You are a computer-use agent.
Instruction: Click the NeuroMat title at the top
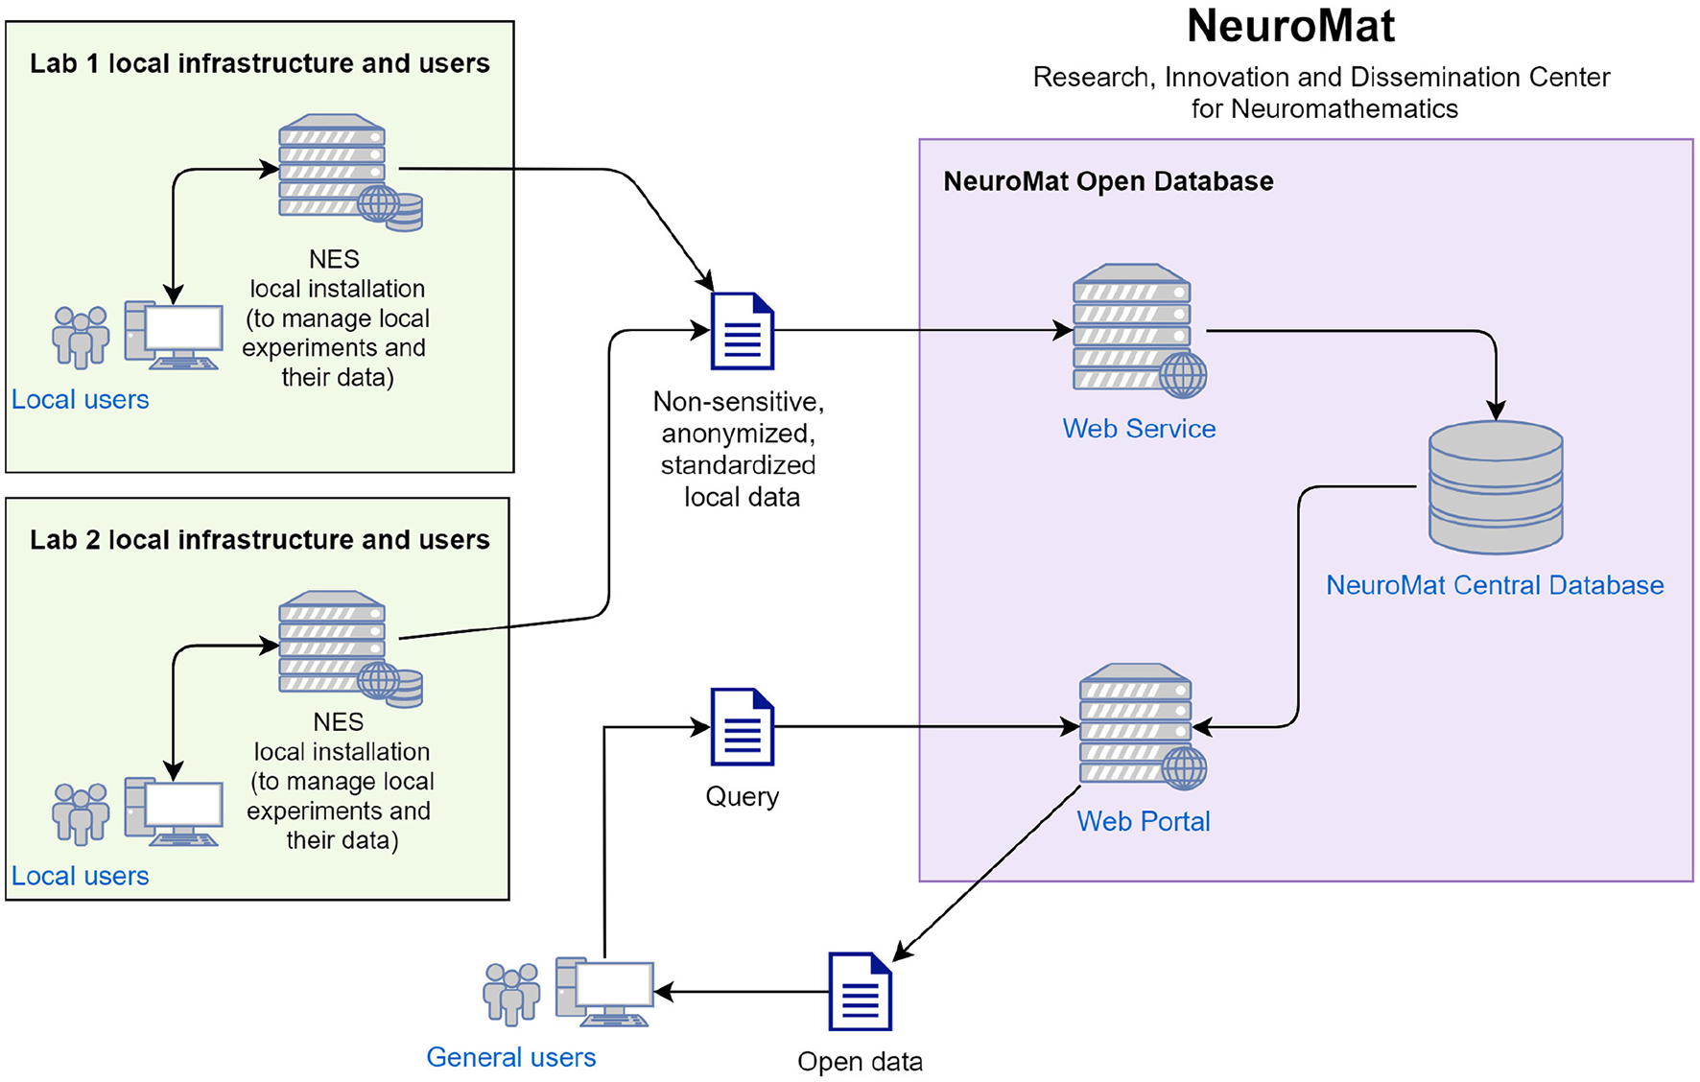click(1290, 27)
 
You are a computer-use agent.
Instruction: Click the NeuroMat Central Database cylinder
click(1495, 487)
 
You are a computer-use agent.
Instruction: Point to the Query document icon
click(742, 726)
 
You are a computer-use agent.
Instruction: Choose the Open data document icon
click(860, 991)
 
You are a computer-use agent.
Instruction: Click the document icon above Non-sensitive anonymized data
click(742, 331)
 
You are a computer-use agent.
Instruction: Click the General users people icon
click(511, 994)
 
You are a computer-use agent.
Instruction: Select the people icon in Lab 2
click(81, 813)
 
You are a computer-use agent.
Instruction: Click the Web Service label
click(1139, 429)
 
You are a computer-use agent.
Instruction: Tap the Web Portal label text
click(1143, 821)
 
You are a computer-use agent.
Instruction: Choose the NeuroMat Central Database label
click(1494, 585)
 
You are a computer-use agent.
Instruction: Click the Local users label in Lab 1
click(81, 400)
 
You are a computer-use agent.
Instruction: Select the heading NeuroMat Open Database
click(1108, 181)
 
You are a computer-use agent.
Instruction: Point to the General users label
click(510, 1057)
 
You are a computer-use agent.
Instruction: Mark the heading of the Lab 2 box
click(259, 540)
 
